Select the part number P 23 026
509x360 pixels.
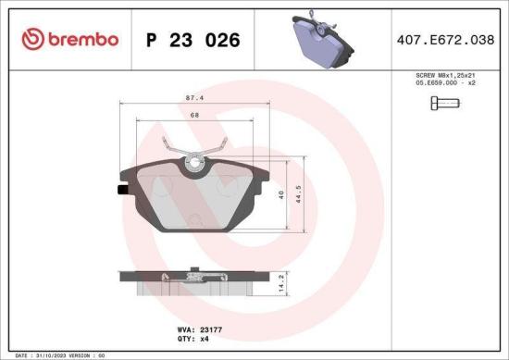pyautogui.click(x=193, y=40)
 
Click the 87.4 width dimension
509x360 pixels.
pyautogui.click(x=194, y=96)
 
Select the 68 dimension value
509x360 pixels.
pyautogui.click(x=194, y=114)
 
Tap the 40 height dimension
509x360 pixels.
pyautogui.click(x=281, y=193)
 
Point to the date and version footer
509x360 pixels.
pyautogui.click(x=61, y=354)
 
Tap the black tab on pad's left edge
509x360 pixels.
pyautogui.click(x=122, y=192)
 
